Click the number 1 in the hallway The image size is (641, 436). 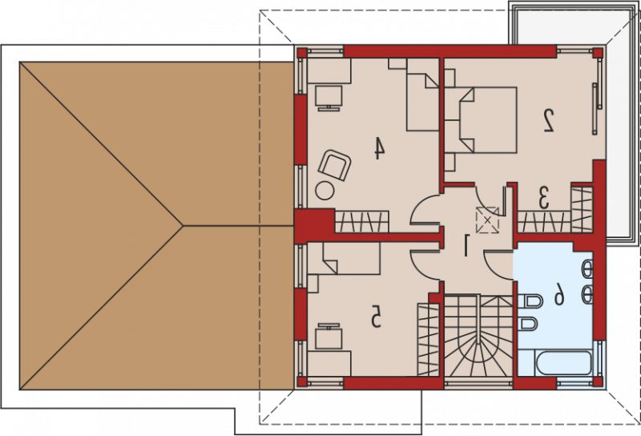466,245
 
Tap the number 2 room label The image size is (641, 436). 548,120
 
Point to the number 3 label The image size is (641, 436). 544,198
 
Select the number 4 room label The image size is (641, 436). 380,148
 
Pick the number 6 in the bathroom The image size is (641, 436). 559,294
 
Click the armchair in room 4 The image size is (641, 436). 335,165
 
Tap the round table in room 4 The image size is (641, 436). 325,191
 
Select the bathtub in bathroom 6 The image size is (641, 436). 564,363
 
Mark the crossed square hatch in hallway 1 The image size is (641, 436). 487,220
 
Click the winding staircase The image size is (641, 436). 478,335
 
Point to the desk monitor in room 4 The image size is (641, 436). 329,98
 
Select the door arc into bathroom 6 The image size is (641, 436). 498,265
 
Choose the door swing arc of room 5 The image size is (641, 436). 425,265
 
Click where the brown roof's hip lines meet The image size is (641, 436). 183,225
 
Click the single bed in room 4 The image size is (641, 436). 423,95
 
